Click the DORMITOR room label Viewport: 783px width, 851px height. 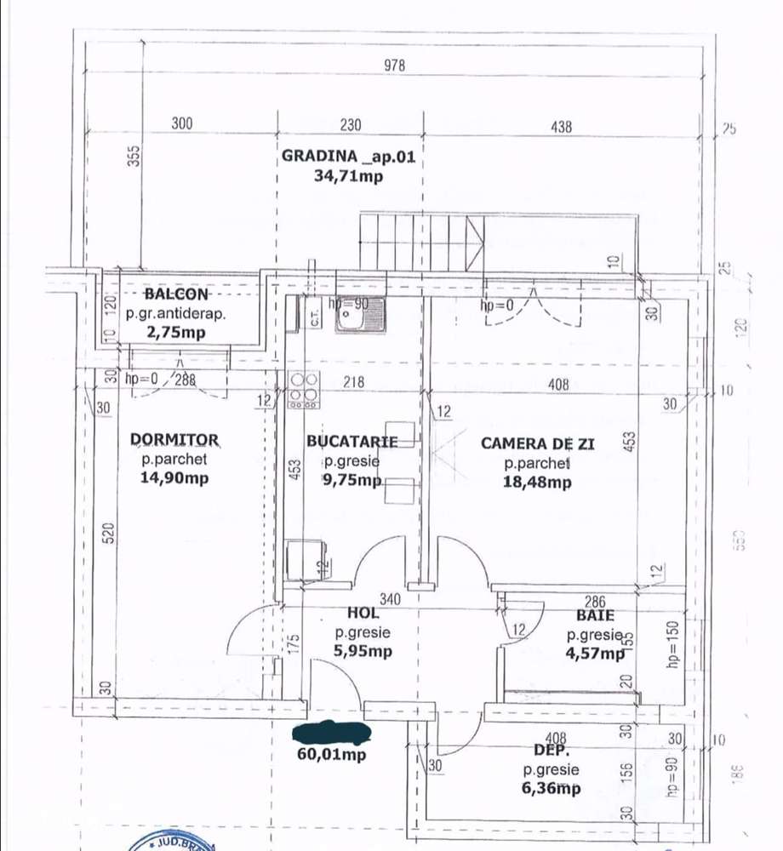(174, 440)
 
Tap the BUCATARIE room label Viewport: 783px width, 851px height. (352, 442)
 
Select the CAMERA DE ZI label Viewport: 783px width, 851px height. (537, 443)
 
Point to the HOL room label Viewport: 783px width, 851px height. (363, 613)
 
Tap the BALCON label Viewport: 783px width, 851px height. (176, 294)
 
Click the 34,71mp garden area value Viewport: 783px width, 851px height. (349, 176)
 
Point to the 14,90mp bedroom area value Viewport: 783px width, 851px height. (174, 478)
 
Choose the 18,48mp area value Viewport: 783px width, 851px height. (537, 483)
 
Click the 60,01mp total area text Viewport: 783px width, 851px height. (331, 754)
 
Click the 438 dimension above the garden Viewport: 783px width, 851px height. (561, 128)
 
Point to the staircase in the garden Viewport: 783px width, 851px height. (421, 243)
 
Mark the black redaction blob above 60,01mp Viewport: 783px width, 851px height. (331, 732)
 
